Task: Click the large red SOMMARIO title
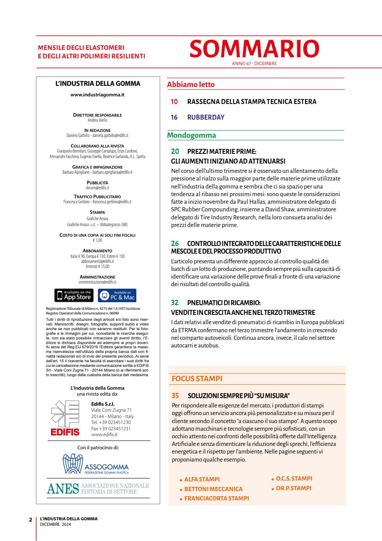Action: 254,49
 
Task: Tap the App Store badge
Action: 74,295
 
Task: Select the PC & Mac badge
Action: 117,295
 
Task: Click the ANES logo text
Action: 63,488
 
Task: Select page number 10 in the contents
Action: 174,101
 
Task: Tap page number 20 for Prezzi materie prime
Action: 175,151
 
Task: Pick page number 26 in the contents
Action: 175,243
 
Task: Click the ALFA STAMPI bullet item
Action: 202,479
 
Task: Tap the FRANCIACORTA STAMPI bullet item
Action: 216,498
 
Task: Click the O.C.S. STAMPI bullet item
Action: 294,478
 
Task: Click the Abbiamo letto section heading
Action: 191,85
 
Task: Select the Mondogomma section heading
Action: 192,136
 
